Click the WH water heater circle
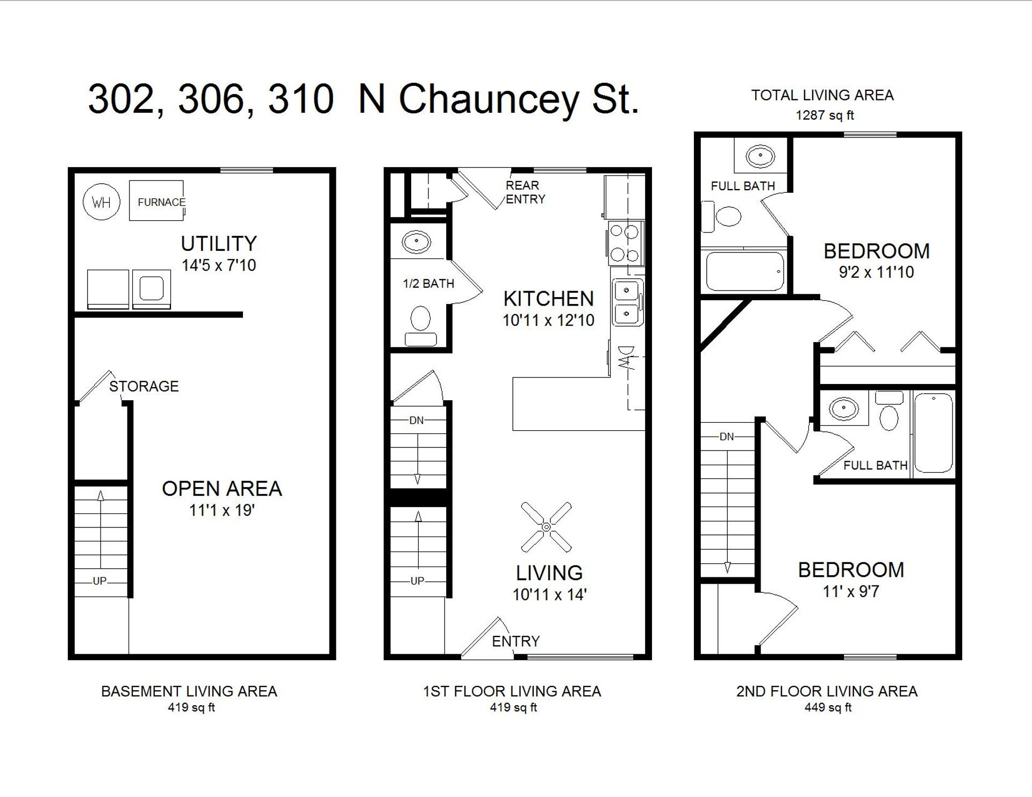coord(102,202)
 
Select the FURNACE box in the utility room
coord(156,201)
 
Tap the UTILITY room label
coord(219,244)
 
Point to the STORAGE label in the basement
coord(144,386)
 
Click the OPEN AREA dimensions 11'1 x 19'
coord(221,510)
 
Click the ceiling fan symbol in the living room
coord(546,527)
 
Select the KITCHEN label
coord(548,299)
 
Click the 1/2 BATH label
coord(428,284)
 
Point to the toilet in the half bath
coord(420,324)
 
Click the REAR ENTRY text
coord(525,192)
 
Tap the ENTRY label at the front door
coord(515,641)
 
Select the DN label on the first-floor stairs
coord(417,421)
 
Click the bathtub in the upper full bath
coord(744,271)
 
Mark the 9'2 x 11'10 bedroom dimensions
coord(876,272)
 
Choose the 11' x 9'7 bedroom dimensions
coord(850,592)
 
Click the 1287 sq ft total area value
coord(825,115)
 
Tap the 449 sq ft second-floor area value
coord(828,708)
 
